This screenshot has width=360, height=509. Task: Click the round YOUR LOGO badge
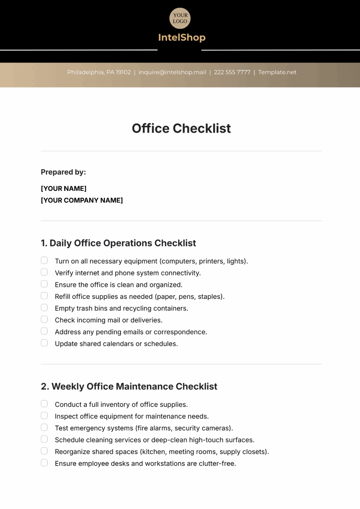point(180,18)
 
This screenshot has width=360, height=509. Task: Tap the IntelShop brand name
point(182,37)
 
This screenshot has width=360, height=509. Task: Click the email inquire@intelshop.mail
point(172,72)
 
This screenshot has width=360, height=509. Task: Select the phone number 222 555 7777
point(232,72)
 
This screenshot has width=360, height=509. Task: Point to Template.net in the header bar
point(277,72)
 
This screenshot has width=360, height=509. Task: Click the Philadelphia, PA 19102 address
point(99,72)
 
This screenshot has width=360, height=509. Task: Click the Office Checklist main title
point(181,128)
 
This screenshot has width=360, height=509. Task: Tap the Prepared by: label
point(63,172)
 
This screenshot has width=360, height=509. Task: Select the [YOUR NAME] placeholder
point(64,189)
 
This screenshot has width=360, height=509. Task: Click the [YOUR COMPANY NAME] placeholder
point(82,200)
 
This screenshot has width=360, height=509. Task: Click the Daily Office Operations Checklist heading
point(119,243)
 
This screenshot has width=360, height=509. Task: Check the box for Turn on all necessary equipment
point(44,260)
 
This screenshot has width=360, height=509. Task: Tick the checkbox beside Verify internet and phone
point(44,272)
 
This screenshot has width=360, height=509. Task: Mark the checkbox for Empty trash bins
point(44,308)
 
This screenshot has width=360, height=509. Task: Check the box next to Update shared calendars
point(44,343)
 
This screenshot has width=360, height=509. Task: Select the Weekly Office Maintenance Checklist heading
point(129,386)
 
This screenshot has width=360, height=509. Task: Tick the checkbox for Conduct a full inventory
point(44,404)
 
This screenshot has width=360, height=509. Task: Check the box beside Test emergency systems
point(44,427)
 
